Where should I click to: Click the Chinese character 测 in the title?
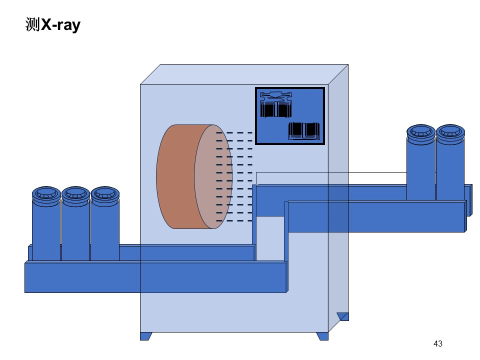point(33,24)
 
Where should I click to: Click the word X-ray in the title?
point(60,25)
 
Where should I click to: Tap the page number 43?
point(438,343)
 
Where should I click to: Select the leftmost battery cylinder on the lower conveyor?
point(46,225)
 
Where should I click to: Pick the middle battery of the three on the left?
point(75,225)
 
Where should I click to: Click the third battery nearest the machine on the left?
point(105,225)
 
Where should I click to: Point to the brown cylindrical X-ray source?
point(194,176)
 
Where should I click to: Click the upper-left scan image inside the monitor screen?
point(276,104)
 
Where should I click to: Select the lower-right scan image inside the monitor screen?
point(304,130)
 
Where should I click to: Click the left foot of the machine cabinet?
point(145,336)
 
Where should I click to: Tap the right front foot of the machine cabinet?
point(322,336)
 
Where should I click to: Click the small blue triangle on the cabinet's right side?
point(343,316)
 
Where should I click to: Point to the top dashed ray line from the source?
point(234,133)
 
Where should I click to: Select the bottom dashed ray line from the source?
point(234,220)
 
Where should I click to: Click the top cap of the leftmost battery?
point(46,195)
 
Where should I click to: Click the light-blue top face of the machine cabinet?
point(244,74)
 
